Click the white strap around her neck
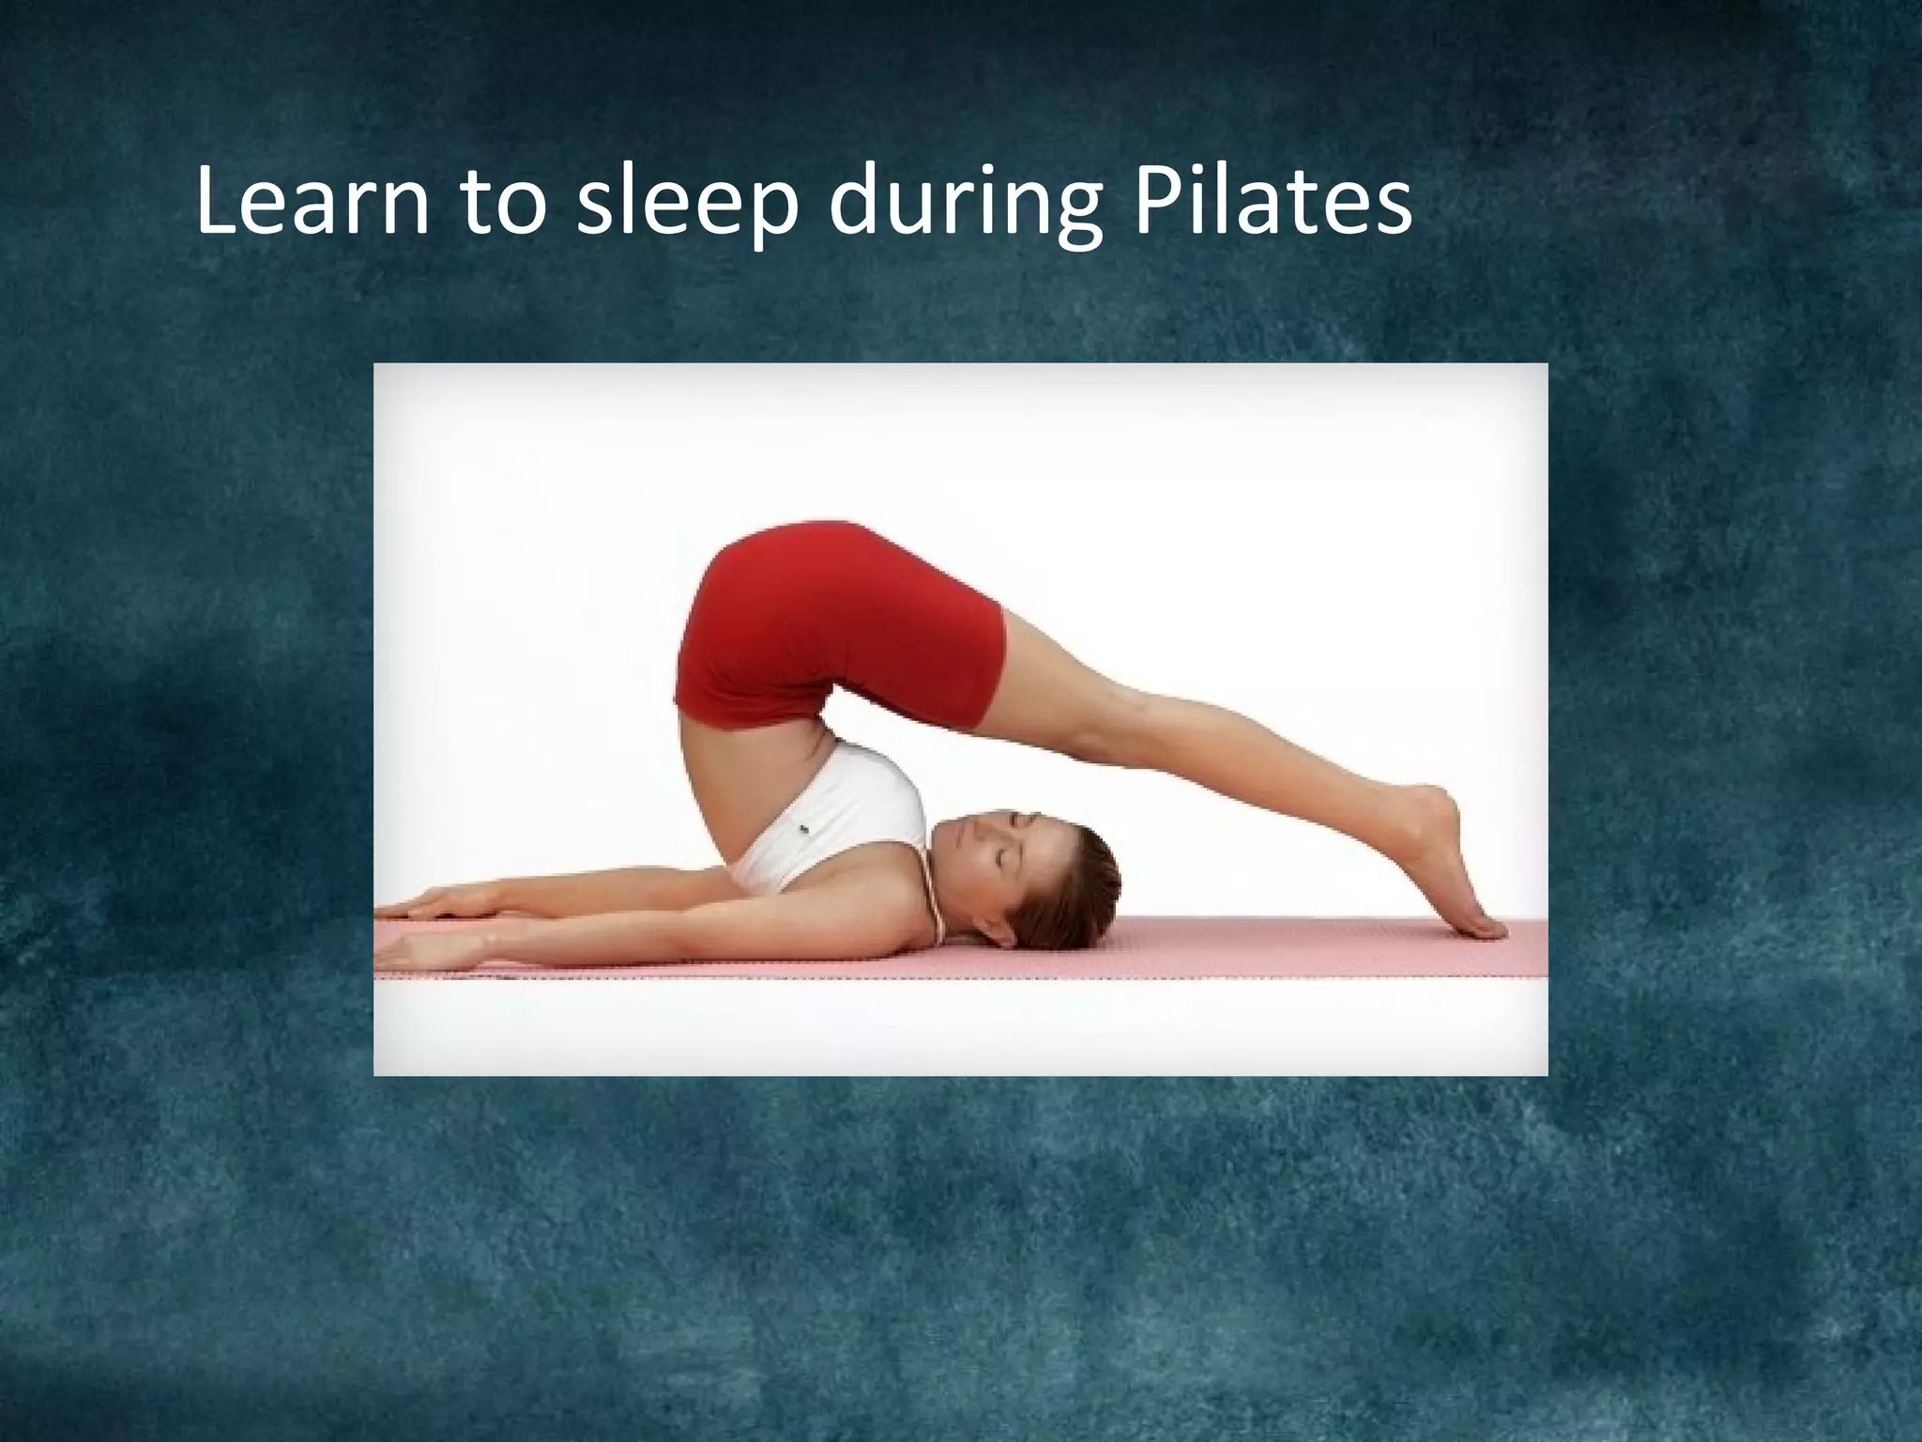click(x=934, y=901)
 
